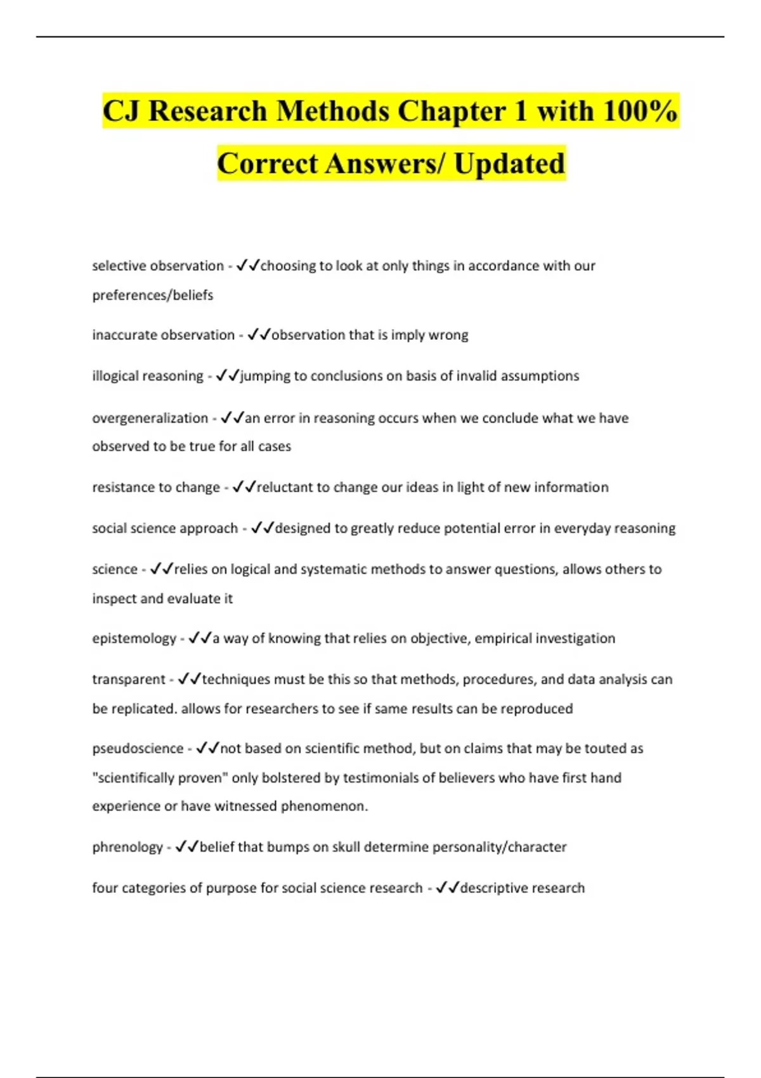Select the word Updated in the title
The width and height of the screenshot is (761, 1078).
point(509,164)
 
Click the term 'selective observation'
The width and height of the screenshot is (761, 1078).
point(158,266)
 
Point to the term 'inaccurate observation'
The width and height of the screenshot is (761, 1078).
point(163,335)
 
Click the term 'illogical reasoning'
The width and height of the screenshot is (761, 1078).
point(148,376)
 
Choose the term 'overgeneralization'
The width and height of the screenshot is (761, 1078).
point(150,419)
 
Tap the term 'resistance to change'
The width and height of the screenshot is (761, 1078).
point(156,488)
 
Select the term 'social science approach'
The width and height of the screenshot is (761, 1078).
point(165,528)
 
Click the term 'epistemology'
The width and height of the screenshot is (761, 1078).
point(134,639)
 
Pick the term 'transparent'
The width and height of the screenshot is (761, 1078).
point(129,680)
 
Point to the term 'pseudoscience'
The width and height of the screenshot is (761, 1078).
point(138,749)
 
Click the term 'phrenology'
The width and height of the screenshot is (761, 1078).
point(127,847)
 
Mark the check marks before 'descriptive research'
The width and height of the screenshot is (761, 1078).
point(447,888)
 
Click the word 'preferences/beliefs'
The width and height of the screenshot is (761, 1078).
point(153,295)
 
